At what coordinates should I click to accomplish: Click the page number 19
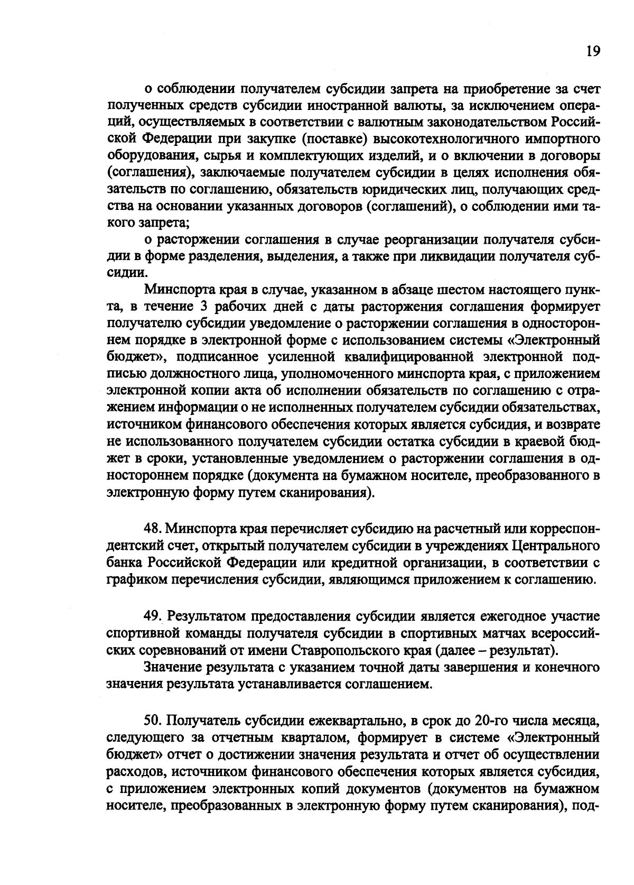593,51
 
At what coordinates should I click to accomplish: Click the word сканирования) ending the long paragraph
332,493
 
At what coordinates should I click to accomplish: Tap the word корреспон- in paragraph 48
560,528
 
